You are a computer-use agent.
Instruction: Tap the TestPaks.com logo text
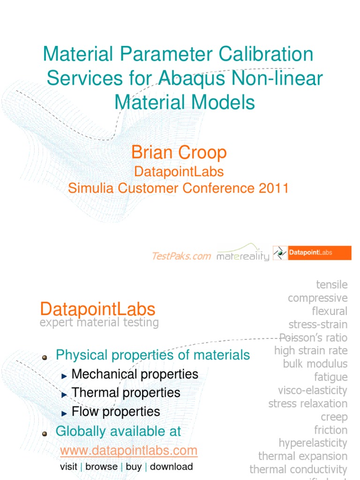click(x=181, y=255)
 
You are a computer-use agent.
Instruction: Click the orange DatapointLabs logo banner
click(x=312, y=253)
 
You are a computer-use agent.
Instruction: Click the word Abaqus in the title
click(x=191, y=78)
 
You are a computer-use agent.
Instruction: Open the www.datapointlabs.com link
click(x=129, y=451)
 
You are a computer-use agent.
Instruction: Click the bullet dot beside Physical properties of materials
click(x=45, y=358)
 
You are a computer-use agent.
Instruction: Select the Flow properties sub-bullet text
click(x=116, y=412)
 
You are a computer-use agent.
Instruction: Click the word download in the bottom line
click(x=171, y=467)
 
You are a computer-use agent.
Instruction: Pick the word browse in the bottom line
click(x=101, y=467)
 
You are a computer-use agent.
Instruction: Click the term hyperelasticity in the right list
click(x=313, y=443)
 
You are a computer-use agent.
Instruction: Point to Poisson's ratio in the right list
click(x=313, y=337)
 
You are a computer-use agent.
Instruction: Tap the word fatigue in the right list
click(x=331, y=377)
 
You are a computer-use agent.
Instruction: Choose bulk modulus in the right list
click(x=315, y=364)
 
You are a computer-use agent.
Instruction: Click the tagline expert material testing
click(x=99, y=322)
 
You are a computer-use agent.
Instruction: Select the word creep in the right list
click(x=334, y=417)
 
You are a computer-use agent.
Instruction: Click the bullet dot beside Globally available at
click(x=45, y=434)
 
